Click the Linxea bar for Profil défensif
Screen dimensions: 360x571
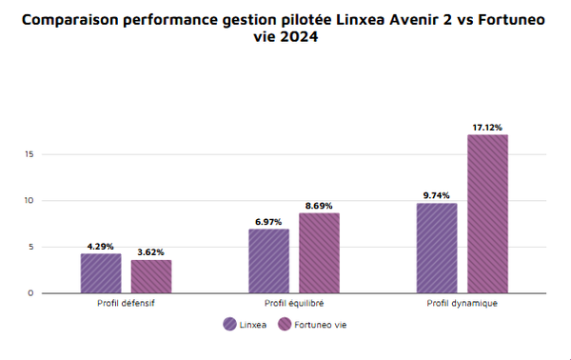click(101, 273)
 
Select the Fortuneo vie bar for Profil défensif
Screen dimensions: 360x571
click(151, 276)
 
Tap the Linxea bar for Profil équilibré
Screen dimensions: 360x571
click(269, 261)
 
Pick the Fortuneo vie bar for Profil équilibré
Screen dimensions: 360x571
click(319, 253)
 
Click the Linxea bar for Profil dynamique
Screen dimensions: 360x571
click(437, 248)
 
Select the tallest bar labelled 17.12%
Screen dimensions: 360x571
click(487, 214)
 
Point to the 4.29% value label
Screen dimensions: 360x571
click(101, 245)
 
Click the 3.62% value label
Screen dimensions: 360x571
click(151, 251)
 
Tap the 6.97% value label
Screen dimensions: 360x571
click(269, 221)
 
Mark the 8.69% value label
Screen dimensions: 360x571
click(319, 205)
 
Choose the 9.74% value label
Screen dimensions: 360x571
click(437, 195)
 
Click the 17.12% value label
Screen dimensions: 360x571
click(487, 127)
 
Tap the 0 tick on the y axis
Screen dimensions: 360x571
click(30, 293)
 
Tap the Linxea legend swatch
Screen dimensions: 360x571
click(230, 325)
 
